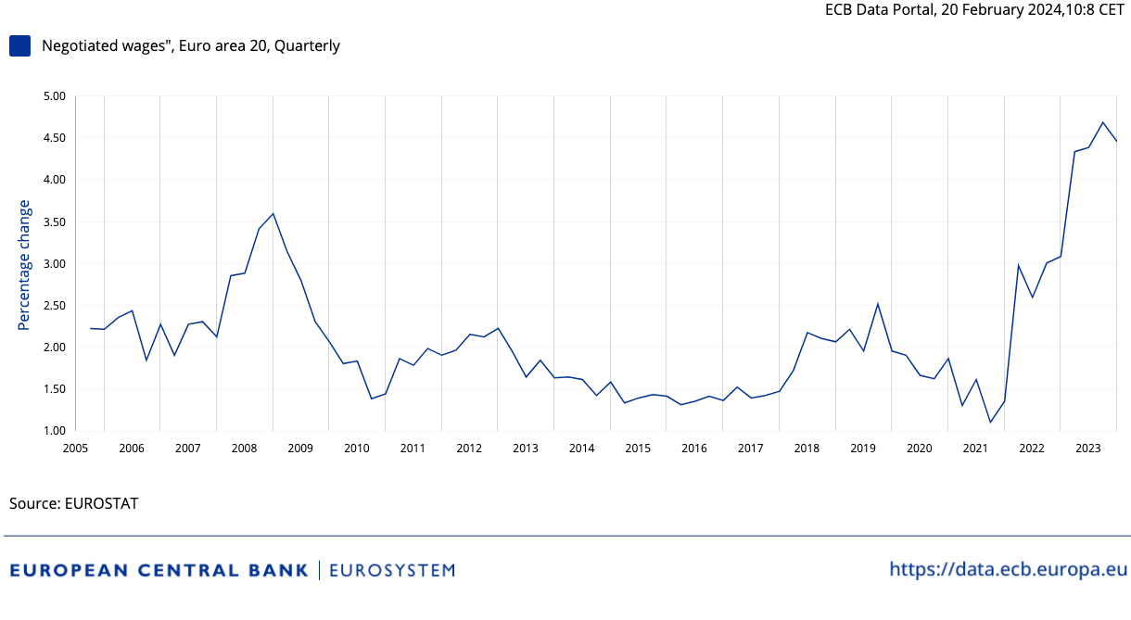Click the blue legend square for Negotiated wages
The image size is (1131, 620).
pyautogui.click(x=19, y=45)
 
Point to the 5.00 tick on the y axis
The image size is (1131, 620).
pyautogui.click(x=54, y=96)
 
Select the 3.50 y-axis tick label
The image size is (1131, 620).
pyautogui.click(x=54, y=222)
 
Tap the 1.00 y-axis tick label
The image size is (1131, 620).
pyautogui.click(x=54, y=431)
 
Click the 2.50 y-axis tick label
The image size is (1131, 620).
pyautogui.click(x=54, y=306)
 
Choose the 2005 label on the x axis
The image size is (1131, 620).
pyautogui.click(x=75, y=449)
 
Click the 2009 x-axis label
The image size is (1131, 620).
pyautogui.click(x=300, y=449)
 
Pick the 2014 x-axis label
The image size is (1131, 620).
pyautogui.click(x=581, y=449)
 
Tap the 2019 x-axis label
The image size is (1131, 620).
pyautogui.click(x=863, y=449)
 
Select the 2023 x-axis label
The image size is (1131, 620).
pyautogui.click(x=1087, y=449)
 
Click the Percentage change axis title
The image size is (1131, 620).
pyautogui.click(x=25, y=265)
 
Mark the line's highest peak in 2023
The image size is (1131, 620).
pyautogui.click(x=1102, y=122)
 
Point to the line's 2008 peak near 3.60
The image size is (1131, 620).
pyautogui.click(x=273, y=214)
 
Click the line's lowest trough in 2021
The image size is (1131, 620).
pyautogui.click(x=990, y=423)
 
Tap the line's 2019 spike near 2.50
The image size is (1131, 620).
pyautogui.click(x=877, y=304)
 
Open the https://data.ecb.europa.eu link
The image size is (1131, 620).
pyautogui.click(x=1008, y=569)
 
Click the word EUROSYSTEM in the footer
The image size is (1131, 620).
pyautogui.click(x=392, y=570)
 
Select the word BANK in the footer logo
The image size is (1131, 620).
pyautogui.click(x=276, y=570)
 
